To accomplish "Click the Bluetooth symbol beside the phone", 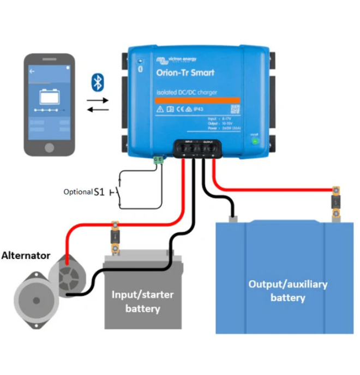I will tap(97, 83).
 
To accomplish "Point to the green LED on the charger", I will tap(254, 141).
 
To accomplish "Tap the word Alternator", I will tap(26, 255).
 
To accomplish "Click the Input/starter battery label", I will tap(142, 301).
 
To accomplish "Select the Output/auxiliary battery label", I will tap(287, 291).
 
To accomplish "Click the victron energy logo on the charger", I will tap(176, 59).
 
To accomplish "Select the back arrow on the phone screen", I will tap(32, 71).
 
